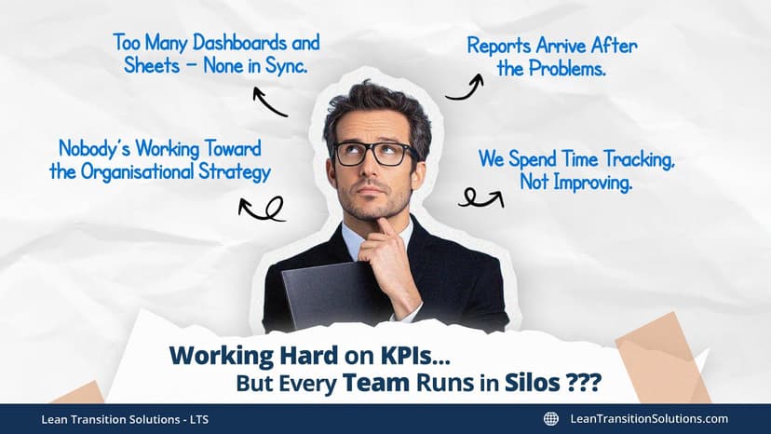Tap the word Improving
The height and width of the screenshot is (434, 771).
(591, 183)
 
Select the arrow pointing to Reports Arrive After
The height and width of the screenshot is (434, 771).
(465, 88)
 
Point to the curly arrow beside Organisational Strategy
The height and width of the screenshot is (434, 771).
(261, 209)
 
